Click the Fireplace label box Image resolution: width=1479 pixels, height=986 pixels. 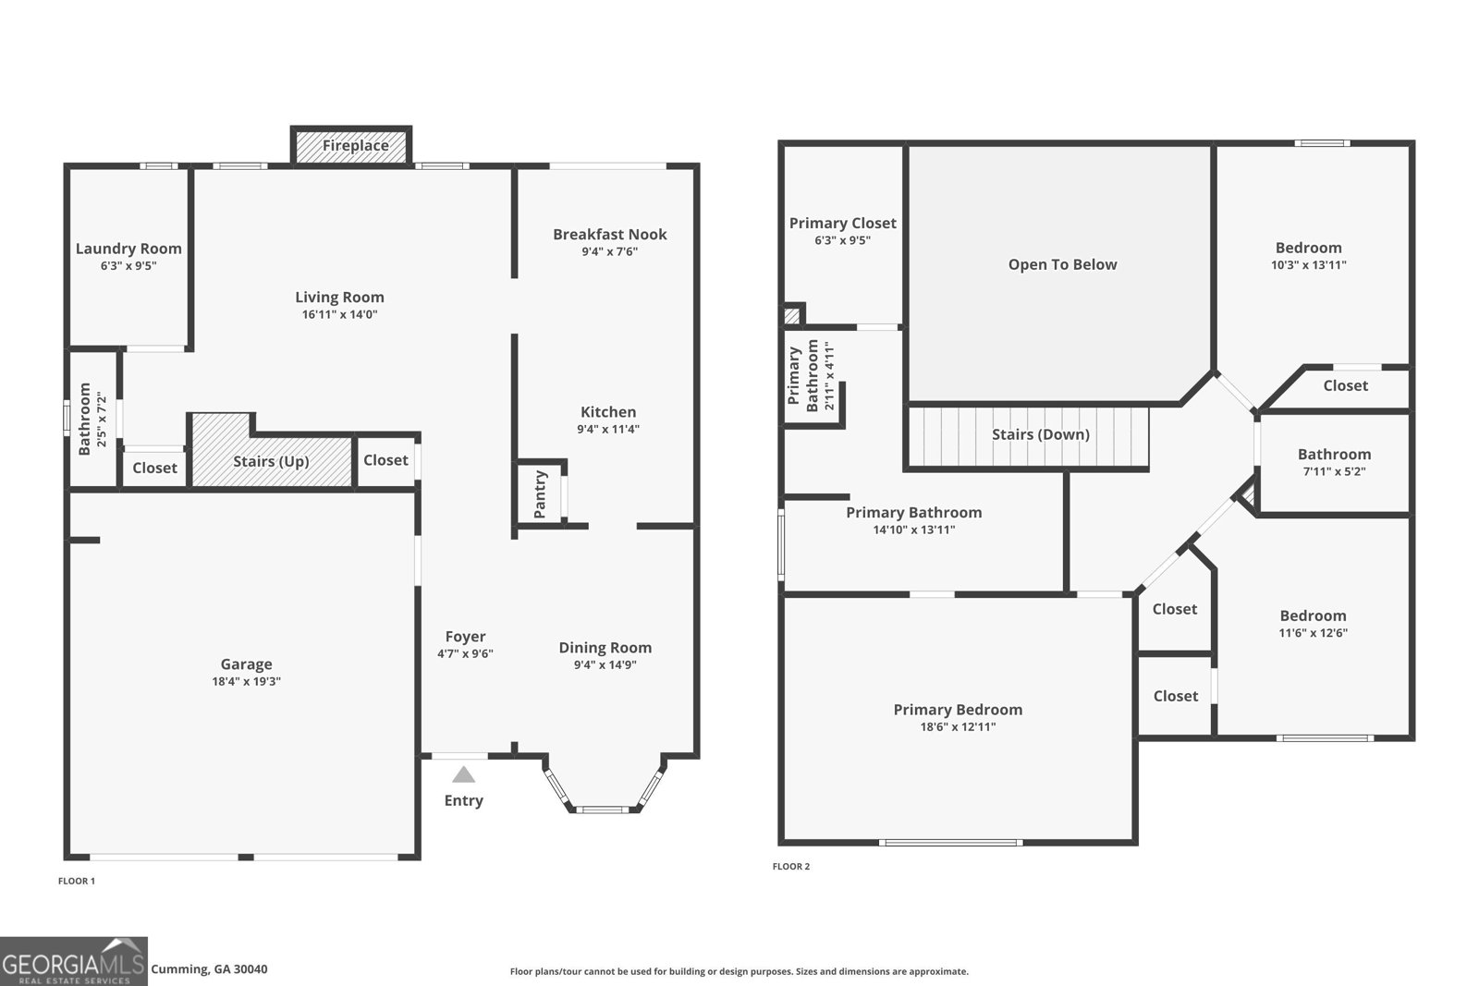point(355,146)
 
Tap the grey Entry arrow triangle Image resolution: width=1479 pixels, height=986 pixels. point(463,775)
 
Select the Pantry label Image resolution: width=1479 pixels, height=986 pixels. point(541,493)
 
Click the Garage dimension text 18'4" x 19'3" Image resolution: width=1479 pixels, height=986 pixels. point(246,682)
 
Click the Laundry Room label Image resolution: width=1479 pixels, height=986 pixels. point(128,249)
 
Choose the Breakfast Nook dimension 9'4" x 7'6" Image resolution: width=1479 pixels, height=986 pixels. point(609,251)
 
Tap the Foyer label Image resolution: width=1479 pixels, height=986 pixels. point(465,637)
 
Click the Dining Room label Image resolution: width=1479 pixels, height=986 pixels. point(605,648)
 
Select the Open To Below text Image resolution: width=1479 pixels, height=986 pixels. point(1062,264)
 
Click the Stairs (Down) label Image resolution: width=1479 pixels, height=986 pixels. point(1040,434)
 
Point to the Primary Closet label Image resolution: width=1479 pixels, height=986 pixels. point(842,223)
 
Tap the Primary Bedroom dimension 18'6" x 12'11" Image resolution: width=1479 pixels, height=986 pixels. point(958,727)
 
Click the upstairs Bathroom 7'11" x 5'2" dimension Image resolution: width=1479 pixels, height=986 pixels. point(1334,471)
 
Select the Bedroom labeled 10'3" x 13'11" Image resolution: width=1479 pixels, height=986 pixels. point(1308,248)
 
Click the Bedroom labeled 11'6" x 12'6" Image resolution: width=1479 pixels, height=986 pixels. point(1313,615)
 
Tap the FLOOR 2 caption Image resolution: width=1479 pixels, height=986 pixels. point(791,867)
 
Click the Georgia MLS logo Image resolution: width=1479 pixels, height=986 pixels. point(73,961)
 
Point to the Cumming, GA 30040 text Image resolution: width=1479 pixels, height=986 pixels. point(209,969)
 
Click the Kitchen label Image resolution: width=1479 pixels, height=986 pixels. point(607,412)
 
